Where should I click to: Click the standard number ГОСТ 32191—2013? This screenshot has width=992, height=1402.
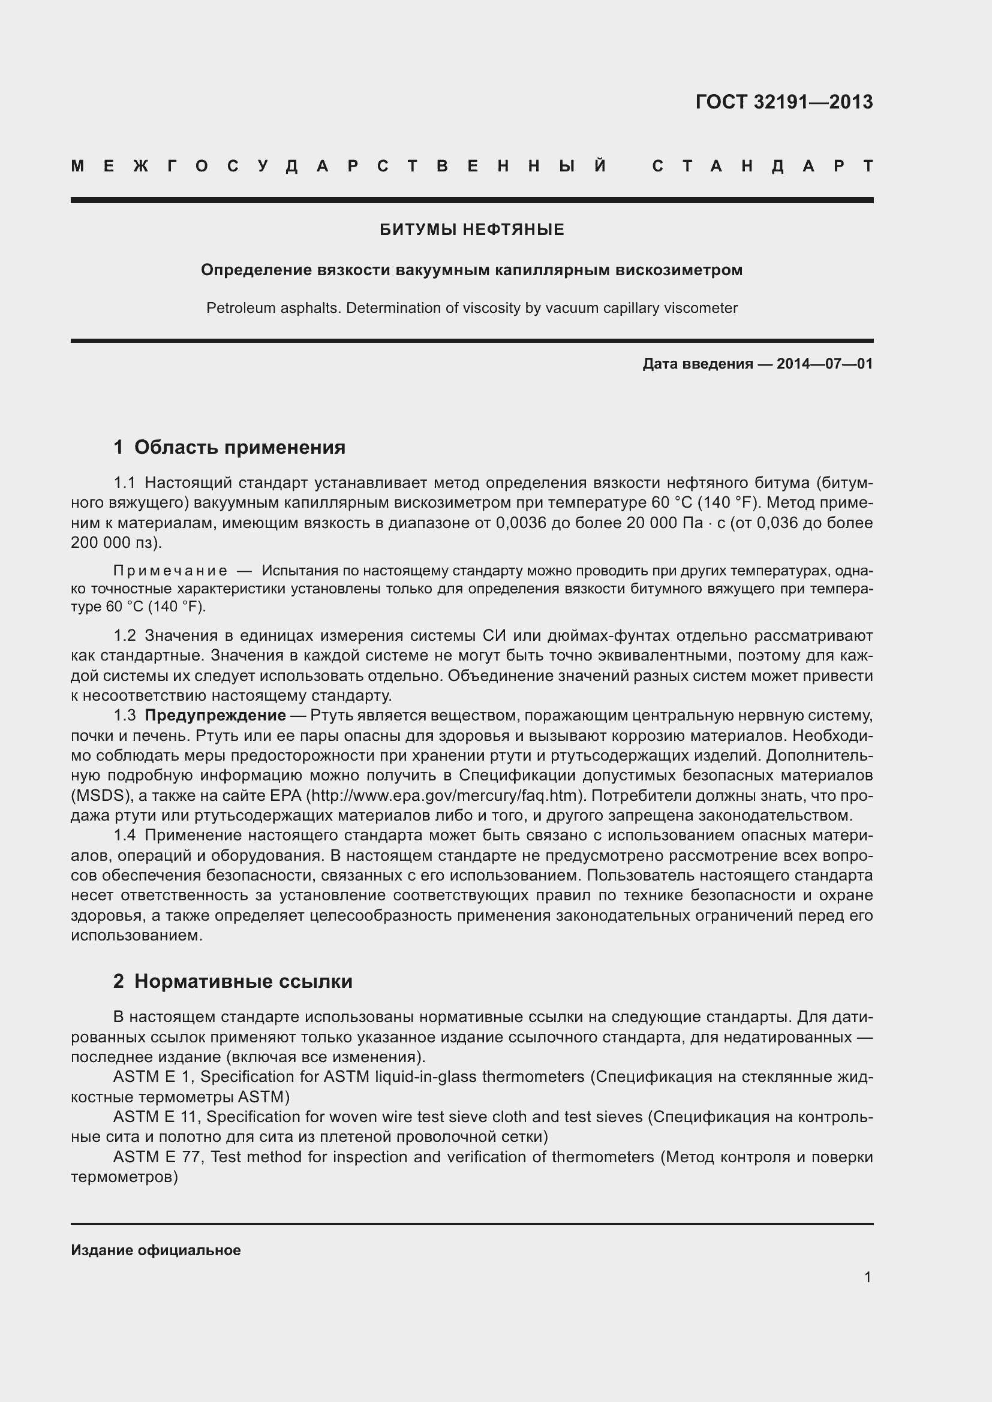tap(784, 102)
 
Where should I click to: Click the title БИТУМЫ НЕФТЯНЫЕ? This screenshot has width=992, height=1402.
tap(471, 230)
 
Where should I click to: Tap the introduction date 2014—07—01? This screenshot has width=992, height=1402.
tap(824, 364)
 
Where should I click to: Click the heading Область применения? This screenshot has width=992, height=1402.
tap(239, 448)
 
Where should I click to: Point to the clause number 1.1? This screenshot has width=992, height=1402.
tap(124, 483)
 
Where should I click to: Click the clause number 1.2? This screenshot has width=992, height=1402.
tap(124, 635)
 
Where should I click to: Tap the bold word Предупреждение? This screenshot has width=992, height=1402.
tap(215, 715)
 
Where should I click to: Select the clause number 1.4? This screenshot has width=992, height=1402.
tap(124, 835)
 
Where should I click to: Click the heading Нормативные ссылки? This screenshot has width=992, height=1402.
tap(243, 981)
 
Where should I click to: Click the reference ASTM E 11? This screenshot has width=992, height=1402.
tap(158, 1117)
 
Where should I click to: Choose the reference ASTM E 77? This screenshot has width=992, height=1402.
tap(158, 1156)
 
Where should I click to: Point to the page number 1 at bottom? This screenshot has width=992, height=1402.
tap(867, 1277)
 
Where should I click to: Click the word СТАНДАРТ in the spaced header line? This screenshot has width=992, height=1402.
tap(763, 166)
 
